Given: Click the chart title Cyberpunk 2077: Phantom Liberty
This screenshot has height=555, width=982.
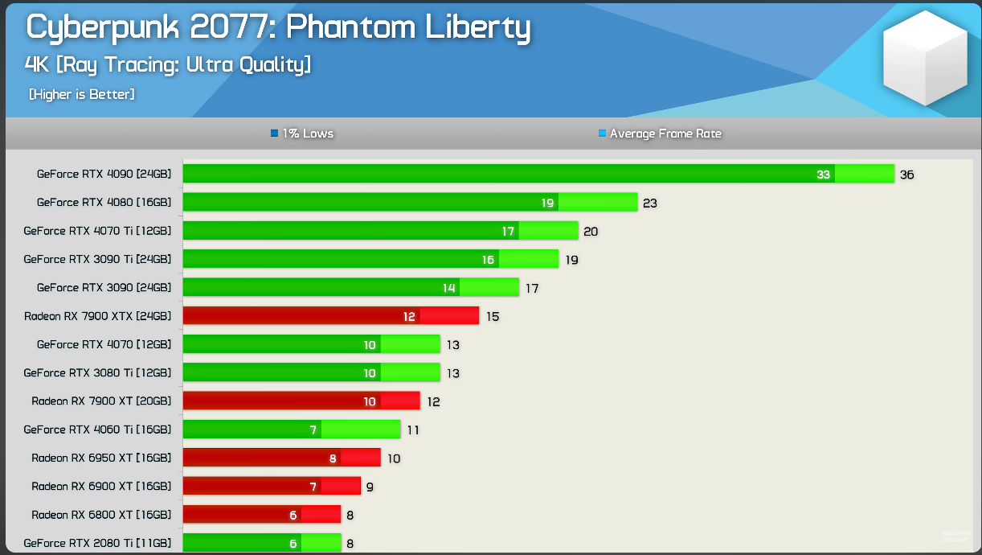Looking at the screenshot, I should click(x=278, y=27).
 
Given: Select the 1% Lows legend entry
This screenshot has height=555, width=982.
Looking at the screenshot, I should click(x=302, y=134).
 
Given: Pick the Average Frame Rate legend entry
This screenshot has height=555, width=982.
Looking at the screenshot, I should click(x=660, y=134).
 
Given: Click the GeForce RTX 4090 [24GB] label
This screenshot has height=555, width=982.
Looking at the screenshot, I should click(x=104, y=174).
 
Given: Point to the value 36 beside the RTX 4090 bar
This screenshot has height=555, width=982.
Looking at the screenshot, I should click(x=907, y=175).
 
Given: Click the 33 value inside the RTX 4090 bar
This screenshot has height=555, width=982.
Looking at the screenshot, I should click(x=823, y=175).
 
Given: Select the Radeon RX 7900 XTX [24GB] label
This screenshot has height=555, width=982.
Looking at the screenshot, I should click(x=97, y=316).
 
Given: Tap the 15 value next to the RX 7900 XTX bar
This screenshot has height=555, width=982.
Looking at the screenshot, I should click(x=493, y=317).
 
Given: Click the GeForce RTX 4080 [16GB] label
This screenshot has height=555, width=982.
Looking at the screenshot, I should click(x=104, y=203).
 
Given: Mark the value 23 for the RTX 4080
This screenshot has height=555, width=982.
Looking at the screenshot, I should click(x=650, y=203).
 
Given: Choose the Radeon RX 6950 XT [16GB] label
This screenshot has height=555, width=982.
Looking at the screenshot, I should click(x=101, y=458).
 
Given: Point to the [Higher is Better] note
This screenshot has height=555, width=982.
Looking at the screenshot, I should click(x=82, y=95).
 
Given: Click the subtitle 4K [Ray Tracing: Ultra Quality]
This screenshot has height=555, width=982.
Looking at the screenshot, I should click(x=168, y=64).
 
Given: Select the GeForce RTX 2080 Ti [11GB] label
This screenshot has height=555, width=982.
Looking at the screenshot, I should click(x=97, y=543).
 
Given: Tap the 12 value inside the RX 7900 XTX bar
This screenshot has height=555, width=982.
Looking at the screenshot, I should click(x=410, y=317).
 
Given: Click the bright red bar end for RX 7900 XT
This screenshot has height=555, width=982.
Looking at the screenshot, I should click(x=399, y=401).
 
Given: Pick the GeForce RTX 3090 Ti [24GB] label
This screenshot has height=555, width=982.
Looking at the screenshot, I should click(x=97, y=259).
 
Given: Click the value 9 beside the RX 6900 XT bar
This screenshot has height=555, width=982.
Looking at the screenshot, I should click(x=370, y=487).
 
